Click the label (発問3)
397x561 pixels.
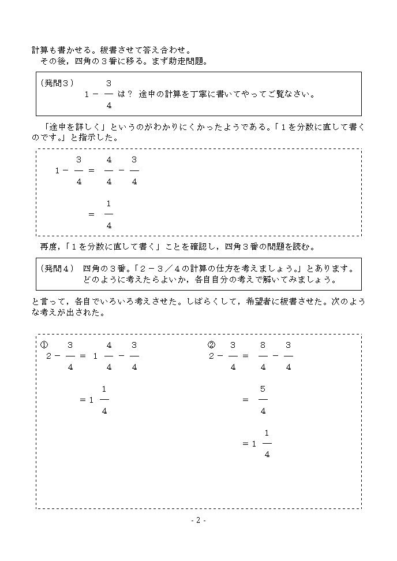click(57, 83)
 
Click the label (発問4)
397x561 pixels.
click(57, 269)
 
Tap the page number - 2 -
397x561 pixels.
click(198, 521)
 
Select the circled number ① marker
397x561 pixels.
click(44, 345)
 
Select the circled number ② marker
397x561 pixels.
click(211, 345)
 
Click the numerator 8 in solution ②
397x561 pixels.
click(263, 345)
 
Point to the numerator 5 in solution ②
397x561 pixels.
click(263, 389)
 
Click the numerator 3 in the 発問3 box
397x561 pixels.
click(108, 83)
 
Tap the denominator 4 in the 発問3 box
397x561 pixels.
click(108, 105)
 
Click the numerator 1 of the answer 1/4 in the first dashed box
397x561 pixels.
click(108, 203)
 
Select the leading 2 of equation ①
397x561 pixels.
click(48, 356)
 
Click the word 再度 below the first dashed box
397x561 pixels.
click(48, 247)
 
